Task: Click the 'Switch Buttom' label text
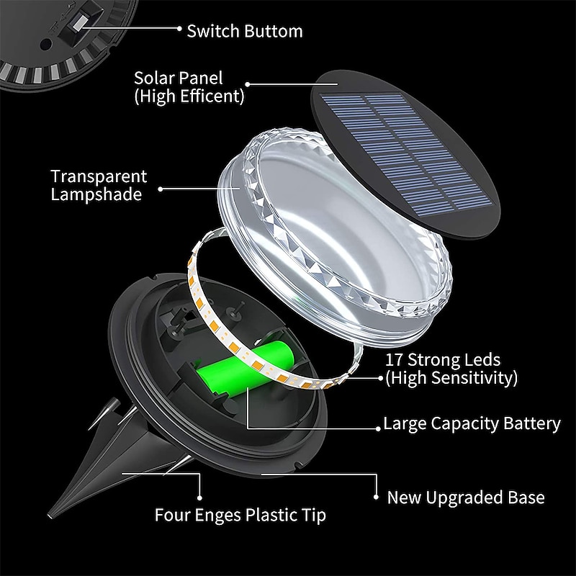click(245, 31)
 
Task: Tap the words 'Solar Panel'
click(179, 78)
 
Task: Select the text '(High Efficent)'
click(189, 96)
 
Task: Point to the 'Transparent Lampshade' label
click(99, 185)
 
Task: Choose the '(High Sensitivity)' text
click(451, 377)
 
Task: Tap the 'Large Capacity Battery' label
click(472, 423)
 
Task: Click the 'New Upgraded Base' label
click(466, 497)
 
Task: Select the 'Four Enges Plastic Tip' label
click(240, 515)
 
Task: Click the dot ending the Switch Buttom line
click(179, 30)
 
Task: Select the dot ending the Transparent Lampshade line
click(160, 189)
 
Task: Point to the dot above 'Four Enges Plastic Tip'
click(199, 497)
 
